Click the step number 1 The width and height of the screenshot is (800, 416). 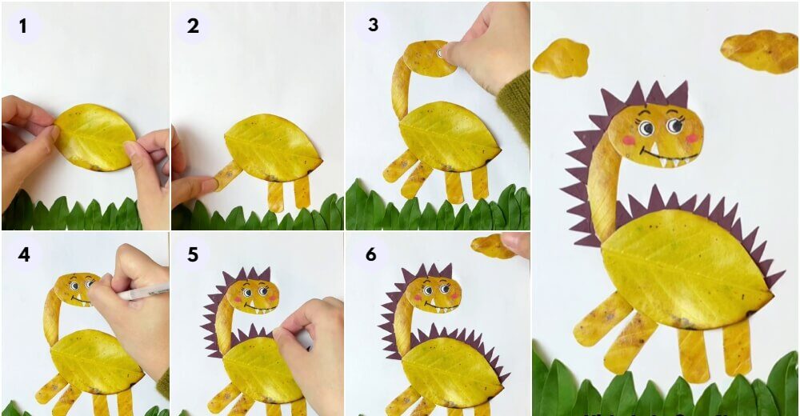tap(23, 26)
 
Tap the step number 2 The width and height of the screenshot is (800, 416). tap(193, 26)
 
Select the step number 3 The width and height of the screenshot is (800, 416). tap(373, 25)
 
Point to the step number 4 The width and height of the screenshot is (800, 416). tap(24, 254)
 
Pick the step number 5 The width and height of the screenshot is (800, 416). tap(192, 254)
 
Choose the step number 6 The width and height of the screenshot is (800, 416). tap(371, 254)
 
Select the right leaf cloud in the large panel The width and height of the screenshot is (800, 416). tap(758, 50)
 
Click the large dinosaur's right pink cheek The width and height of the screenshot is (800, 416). tap(691, 138)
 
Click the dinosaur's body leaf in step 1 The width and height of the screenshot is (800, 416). tap(95, 137)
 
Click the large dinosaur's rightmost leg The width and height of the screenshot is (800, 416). tap(737, 347)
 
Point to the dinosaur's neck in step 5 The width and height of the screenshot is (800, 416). tap(223, 326)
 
